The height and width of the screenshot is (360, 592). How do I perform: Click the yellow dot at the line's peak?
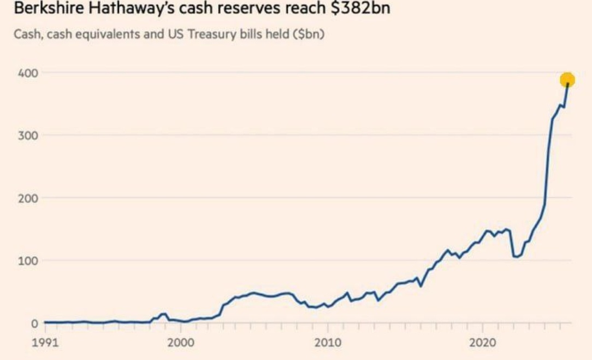click(x=567, y=80)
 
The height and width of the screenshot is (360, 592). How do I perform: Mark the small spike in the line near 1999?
click(x=164, y=314)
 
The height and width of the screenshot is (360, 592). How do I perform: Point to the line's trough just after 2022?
click(x=516, y=257)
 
